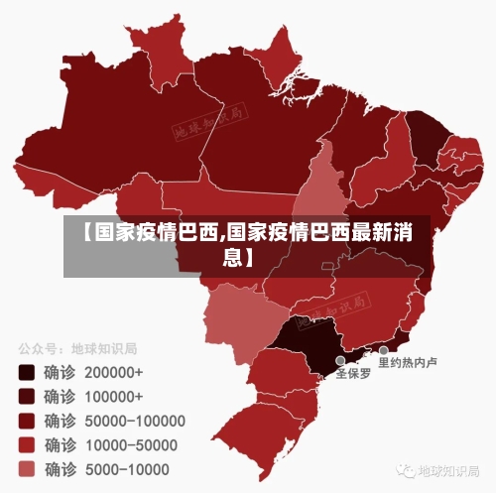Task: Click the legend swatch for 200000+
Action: [x=26, y=373]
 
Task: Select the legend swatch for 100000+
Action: [x=26, y=397]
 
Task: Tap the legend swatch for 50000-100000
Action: [x=26, y=421]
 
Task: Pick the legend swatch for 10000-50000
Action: [x=26, y=444]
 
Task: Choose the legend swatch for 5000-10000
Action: [x=26, y=468]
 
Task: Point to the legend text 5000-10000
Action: [x=126, y=468]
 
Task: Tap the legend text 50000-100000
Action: [x=136, y=421]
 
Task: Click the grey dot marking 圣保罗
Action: [x=340, y=361]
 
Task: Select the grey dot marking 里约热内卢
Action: [x=383, y=350]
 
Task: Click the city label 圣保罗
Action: [x=354, y=375]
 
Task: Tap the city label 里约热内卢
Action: [x=407, y=363]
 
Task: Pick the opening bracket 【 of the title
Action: [x=82, y=235]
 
